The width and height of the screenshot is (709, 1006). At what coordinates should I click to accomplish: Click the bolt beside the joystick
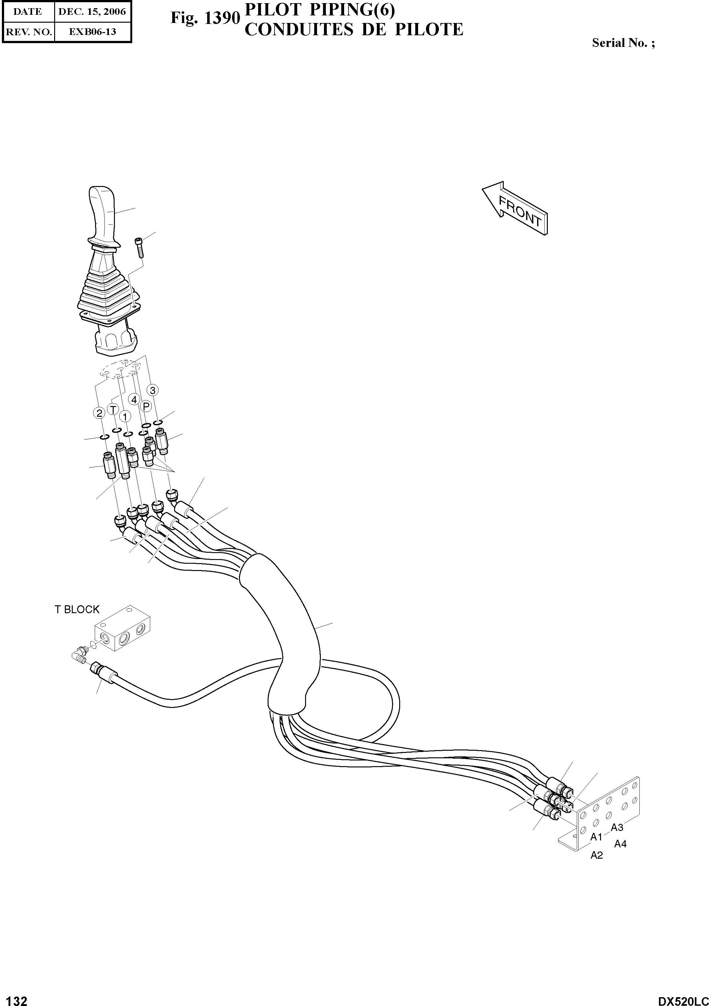tap(140, 247)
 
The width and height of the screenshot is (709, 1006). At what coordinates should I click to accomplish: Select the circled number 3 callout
tap(152, 389)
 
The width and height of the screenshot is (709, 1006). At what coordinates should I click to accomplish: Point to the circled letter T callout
tap(113, 410)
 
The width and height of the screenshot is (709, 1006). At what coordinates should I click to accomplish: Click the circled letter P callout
tap(146, 406)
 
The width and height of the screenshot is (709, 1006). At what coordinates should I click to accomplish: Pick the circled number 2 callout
tap(99, 413)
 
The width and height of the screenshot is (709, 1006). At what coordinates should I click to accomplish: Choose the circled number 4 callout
tap(134, 399)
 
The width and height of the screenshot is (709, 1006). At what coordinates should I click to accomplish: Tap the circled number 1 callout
tap(125, 416)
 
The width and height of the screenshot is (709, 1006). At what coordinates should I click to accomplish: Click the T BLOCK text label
tap(77, 609)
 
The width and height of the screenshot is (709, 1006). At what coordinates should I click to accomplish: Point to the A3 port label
tap(617, 827)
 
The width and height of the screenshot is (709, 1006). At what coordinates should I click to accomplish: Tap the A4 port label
tap(621, 844)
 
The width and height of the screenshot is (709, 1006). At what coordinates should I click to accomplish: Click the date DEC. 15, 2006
tap(92, 12)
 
